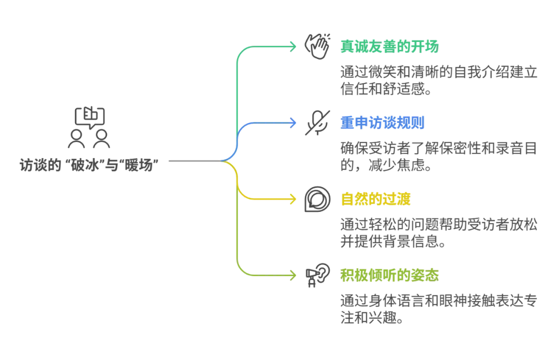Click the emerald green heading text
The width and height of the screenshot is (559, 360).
pyautogui.click(x=389, y=46)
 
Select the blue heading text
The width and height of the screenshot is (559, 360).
pyautogui.click(x=383, y=123)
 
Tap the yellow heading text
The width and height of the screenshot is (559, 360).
pyautogui.click(x=375, y=199)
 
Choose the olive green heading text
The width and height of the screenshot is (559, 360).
pyautogui.click(x=389, y=276)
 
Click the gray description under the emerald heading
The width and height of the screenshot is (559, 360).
pyautogui.click(x=438, y=79)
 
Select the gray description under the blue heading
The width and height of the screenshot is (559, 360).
pyautogui.click(x=438, y=156)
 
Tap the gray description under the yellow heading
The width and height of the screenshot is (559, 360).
pyautogui.click(x=438, y=232)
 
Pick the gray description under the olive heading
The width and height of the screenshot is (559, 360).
pyautogui.click(x=438, y=309)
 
